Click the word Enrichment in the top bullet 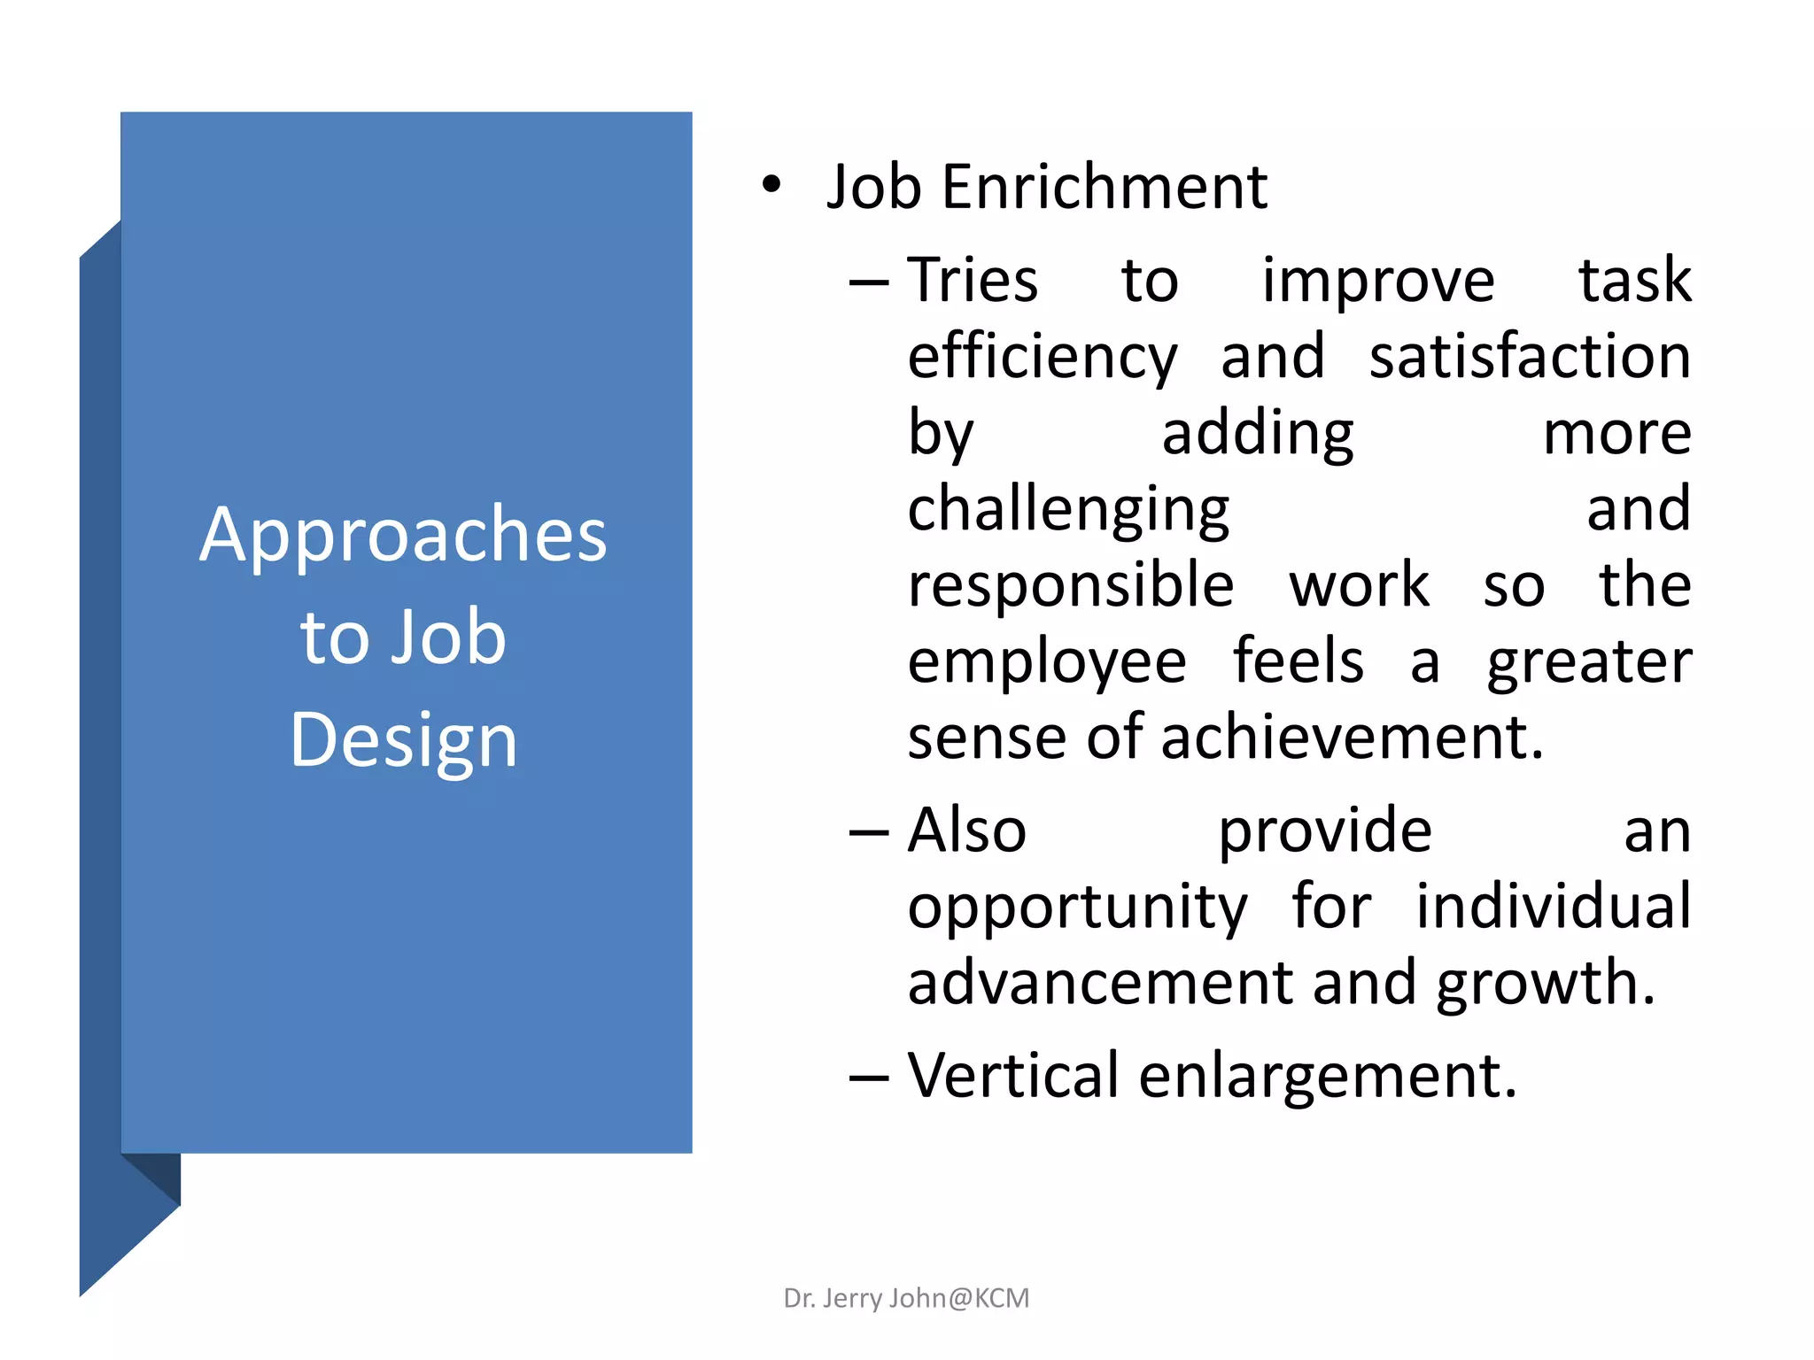pyautogui.click(x=1105, y=188)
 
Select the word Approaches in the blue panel pyautogui.click(x=403, y=536)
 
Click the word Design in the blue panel pyautogui.click(x=403, y=741)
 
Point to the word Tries pyautogui.click(x=973, y=281)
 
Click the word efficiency pyautogui.click(x=1043, y=358)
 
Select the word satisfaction pyautogui.click(x=1530, y=356)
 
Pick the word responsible pyautogui.click(x=1070, y=586)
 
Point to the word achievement pyautogui.click(x=1352, y=738)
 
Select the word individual pyautogui.click(x=1553, y=907)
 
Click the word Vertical pyautogui.click(x=1013, y=1076)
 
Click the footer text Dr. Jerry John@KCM pyautogui.click(x=906, y=1298)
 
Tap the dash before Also pyautogui.click(x=868, y=833)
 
